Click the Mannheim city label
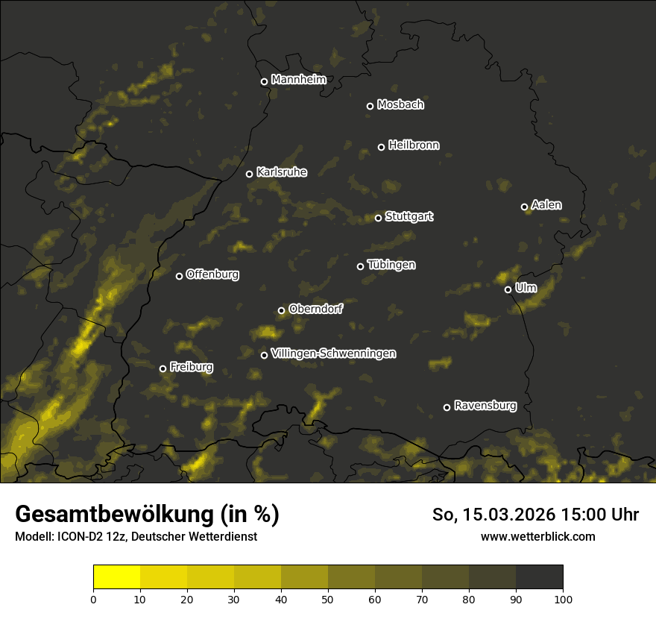click(298, 80)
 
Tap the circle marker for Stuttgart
click(378, 218)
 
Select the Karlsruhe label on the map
click(281, 172)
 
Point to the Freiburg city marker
click(163, 368)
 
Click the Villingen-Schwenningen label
click(333, 354)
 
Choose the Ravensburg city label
click(485, 406)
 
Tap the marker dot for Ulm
click(508, 289)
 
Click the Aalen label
click(546, 205)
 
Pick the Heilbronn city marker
click(381, 147)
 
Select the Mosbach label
click(400, 105)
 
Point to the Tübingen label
click(391, 265)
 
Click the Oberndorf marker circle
click(281, 310)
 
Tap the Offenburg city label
click(212, 274)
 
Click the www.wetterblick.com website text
click(537, 536)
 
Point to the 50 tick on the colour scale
click(328, 598)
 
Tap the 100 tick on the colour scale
click(563, 598)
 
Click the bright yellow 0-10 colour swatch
click(116, 577)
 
